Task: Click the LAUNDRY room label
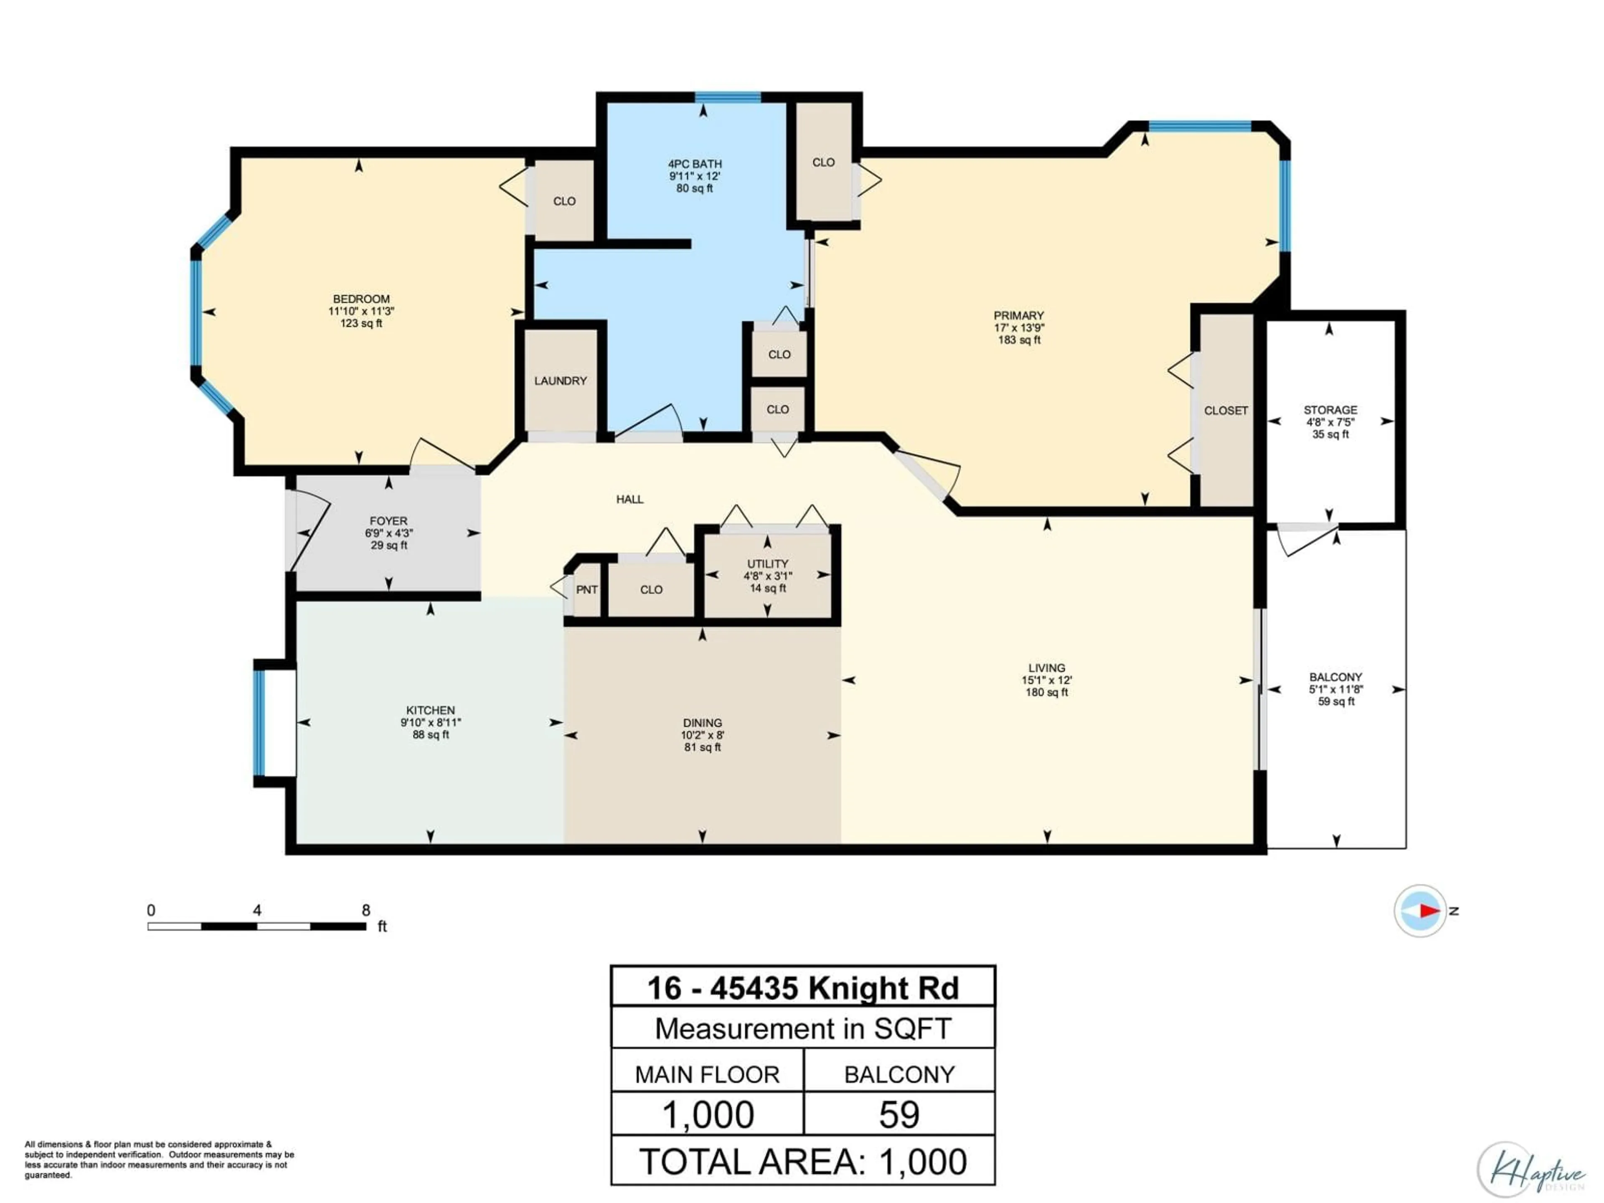click(561, 381)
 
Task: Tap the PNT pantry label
click(586, 589)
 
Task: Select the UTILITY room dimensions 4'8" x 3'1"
click(768, 576)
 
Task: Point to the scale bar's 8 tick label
click(366, 911)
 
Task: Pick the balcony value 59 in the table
click(899, 1114)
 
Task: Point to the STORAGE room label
click(1330, 410)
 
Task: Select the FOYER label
click(388, 520)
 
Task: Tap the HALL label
click(629, 499)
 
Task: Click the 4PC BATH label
click(695, 164)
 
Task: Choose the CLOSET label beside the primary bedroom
click(1226, 411)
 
